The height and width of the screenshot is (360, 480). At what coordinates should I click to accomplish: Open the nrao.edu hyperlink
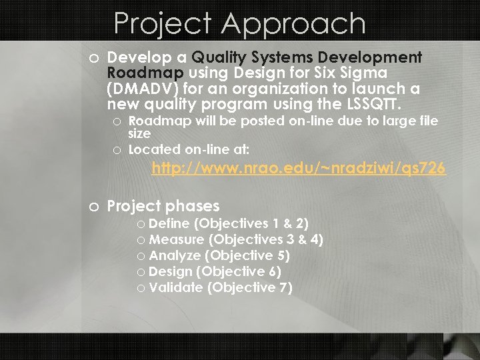tap(298, 169)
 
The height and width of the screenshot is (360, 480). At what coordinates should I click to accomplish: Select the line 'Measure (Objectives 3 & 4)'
tap(236, 239)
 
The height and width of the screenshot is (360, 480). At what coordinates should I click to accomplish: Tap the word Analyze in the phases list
tap(175, 255)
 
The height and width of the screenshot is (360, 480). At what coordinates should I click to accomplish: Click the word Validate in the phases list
tap(176, 287)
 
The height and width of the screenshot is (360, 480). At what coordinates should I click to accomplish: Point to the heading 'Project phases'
tap(163, 206)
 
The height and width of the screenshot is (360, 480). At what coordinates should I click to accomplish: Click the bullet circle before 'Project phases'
tap(94, 207)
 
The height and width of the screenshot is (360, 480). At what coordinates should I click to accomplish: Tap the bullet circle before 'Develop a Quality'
tap(94, 58)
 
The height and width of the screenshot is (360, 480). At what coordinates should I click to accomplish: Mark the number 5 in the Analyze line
tap(282, 255)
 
